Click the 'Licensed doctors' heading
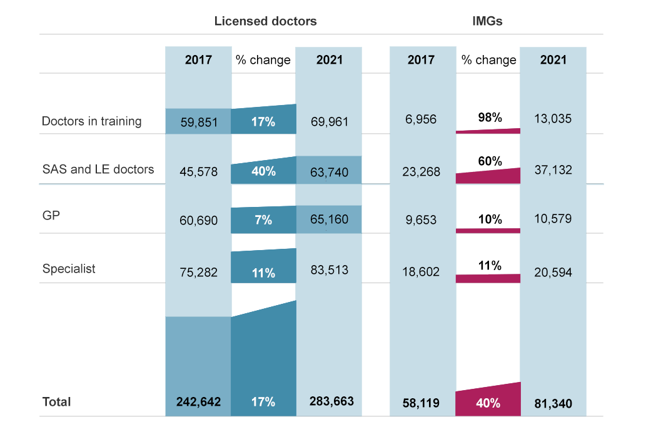[265, 21]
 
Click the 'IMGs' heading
[487, 21]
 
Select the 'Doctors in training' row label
[91, 121]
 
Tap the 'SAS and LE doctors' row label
[98, 169]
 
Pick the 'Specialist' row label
[69, 269]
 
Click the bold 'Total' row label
[56, 402]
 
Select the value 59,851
[198, 122]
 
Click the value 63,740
[329, 171]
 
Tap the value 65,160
[329, 220]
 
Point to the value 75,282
[198, 272]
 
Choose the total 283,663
[329, 402]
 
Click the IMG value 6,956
[421, 119]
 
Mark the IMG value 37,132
[553, 170]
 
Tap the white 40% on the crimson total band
[488, 403]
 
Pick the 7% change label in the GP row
[263, 220]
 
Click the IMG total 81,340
[553, 403]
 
